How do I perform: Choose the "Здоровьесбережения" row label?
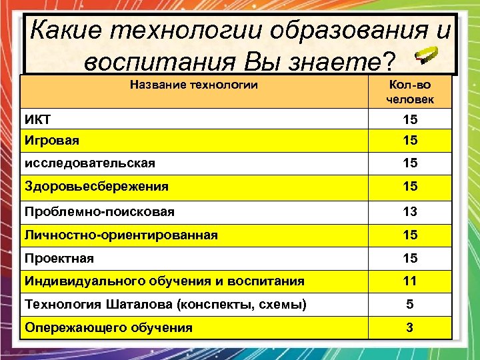tap(96, 187)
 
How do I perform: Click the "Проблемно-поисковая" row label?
tap(99, 211)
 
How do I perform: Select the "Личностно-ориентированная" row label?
tap(121, 235)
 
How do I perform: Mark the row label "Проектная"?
tap(59, 258)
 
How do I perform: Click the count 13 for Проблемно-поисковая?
tap(410, 211)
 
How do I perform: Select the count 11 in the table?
tap(410, 281)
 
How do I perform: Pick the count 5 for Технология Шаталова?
tap(410, 305)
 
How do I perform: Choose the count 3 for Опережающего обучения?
tap(410, 327)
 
